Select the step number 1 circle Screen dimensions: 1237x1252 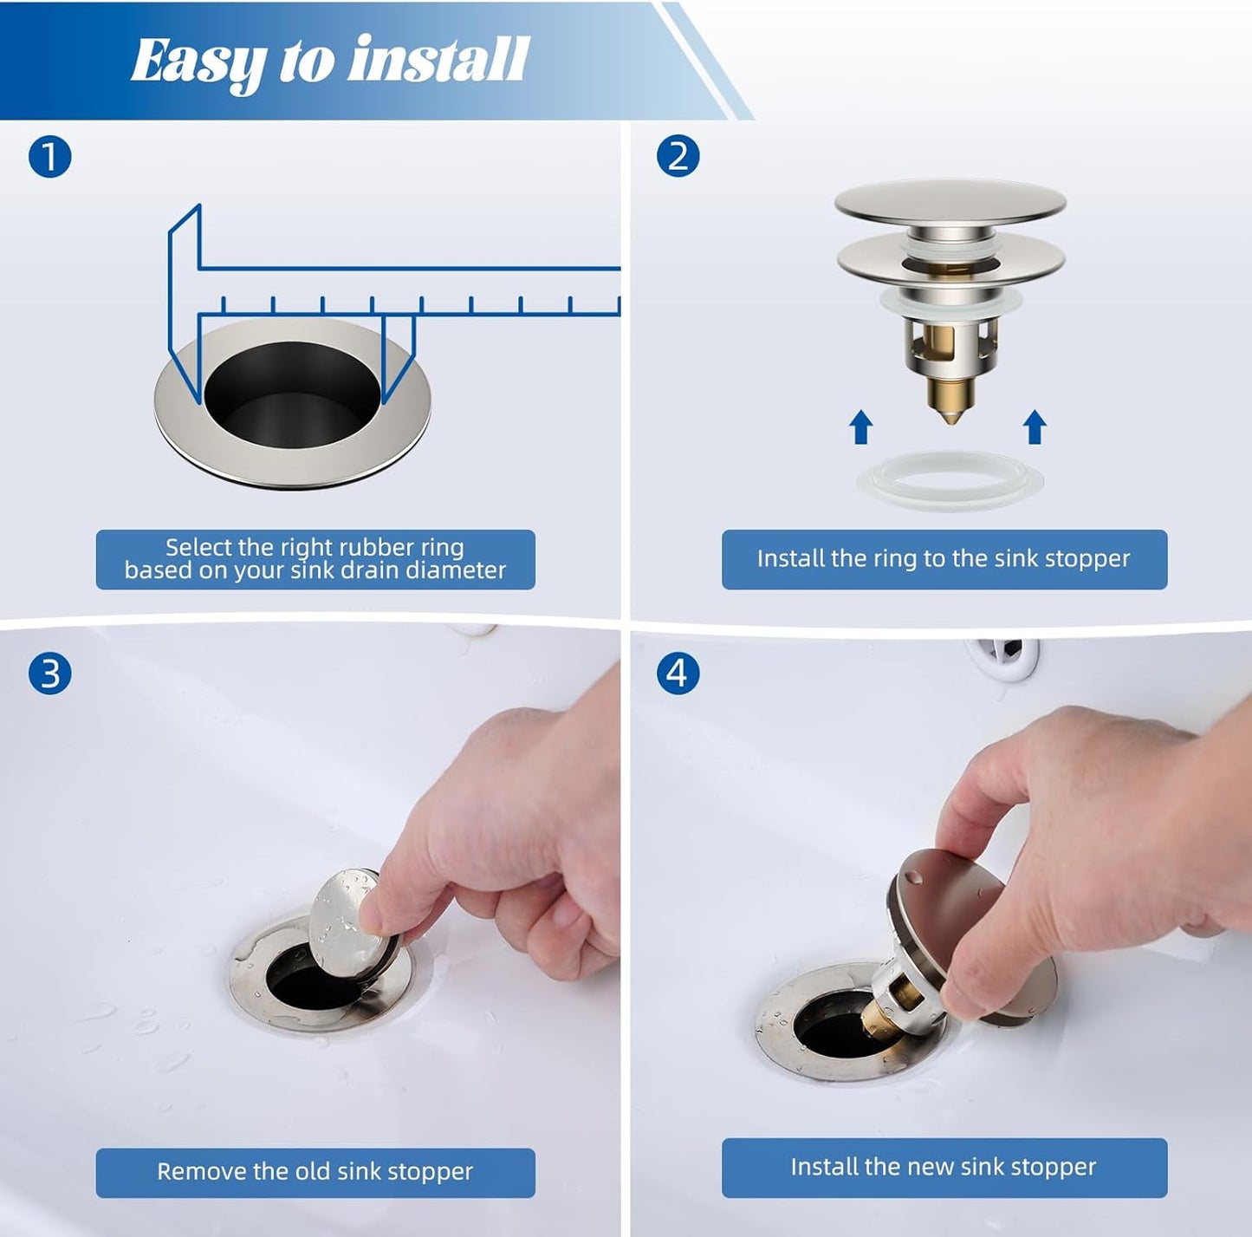[49, 157]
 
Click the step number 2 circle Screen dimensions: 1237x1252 [678, 157]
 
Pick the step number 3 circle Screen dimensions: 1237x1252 [49, 674]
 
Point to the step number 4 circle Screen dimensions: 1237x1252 [678, 674]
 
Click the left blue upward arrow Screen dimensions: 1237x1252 [860, 426]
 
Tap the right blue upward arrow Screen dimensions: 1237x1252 [1035, 426]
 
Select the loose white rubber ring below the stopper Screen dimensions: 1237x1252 [950, 479]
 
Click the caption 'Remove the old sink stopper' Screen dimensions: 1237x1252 [315, 1172]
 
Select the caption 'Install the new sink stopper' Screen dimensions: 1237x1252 [944, 1167]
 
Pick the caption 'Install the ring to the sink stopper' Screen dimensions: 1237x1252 [944, 559]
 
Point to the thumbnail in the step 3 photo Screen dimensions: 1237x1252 [374, 917]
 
